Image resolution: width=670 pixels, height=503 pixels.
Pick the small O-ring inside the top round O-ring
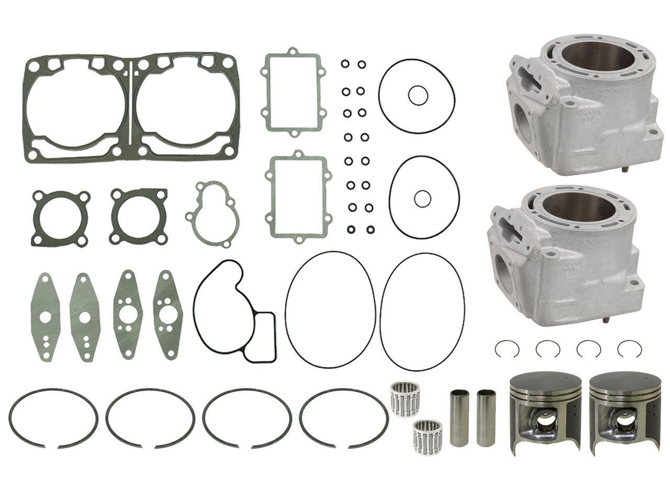[417, 96]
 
